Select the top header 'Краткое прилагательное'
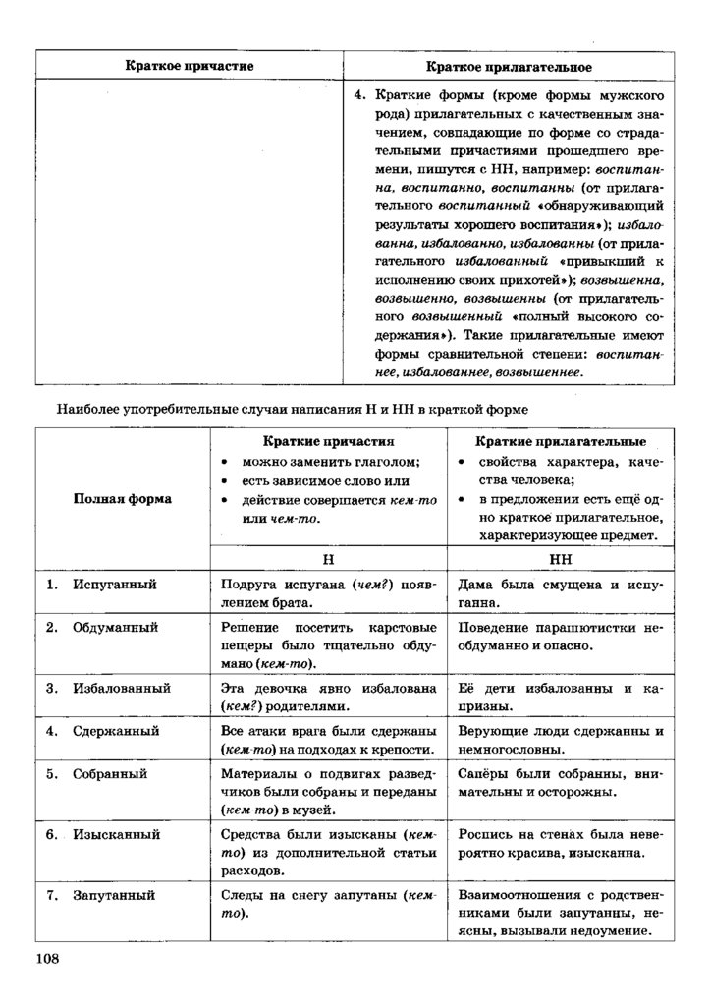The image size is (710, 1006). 508,66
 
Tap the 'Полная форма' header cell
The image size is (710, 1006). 123,498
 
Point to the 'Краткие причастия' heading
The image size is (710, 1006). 329,442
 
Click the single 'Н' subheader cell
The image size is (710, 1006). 329,556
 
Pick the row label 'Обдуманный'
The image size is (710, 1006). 115,627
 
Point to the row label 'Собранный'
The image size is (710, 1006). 110,774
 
